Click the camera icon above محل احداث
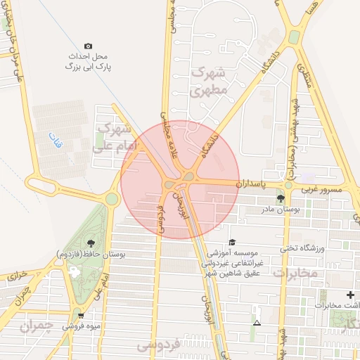click(88, 46)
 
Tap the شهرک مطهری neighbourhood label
click(210, 81)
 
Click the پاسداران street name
click(252, 184)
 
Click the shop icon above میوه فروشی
click(82, 316)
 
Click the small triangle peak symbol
click(257, 323)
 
